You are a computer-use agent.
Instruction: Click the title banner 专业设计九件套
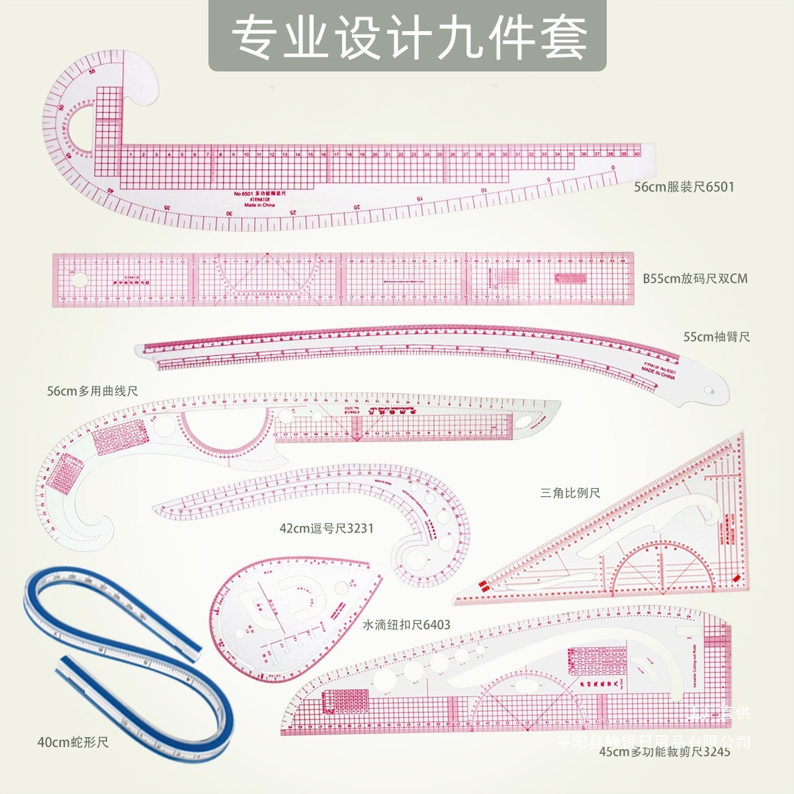[408, 36]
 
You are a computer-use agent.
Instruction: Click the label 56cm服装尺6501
[684, 187]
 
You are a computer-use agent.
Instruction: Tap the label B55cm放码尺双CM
[695, 279]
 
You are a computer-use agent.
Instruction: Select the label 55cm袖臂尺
[717, 337]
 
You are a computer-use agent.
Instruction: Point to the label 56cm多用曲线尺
[92, 391]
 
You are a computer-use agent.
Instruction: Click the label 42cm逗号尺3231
[326, 528]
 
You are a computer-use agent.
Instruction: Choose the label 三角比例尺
[570, 493]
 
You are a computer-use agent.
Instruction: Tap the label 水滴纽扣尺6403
[406, 625]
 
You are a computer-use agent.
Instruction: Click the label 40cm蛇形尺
[73, 742]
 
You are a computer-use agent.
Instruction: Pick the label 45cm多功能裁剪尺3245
[664, 752]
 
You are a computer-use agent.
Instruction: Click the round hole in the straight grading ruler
[79, 280]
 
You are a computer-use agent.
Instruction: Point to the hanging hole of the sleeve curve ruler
[713, 391]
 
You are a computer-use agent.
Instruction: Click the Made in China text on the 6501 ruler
[259, 205]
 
